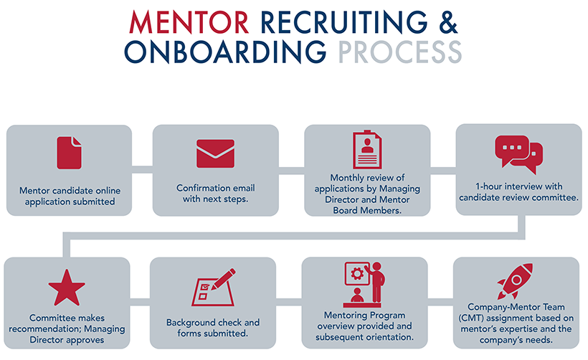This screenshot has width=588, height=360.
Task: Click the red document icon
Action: (70, 153)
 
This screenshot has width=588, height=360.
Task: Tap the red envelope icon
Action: (215, 153)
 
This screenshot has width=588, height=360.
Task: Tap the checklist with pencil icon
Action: (213, 287)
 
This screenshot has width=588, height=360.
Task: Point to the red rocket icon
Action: (516, 281)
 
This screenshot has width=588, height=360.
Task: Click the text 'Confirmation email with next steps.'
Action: (215, 193)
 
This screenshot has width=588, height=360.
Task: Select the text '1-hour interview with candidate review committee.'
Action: (518, 192)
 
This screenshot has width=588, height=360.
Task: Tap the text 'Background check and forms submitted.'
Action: (213, 328)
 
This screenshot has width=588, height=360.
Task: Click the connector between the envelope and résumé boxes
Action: (291, 170)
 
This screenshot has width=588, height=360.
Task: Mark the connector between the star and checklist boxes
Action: (141, 303)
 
